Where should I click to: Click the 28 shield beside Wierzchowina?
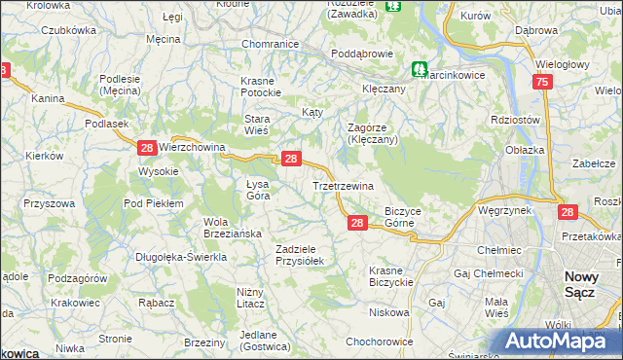point(146,148)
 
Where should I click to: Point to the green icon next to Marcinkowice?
point(419,69)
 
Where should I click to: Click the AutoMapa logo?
point(562,342)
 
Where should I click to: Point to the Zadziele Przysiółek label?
point(305,254)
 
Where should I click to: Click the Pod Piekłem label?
point(153,202)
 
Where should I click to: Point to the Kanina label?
point(47,98)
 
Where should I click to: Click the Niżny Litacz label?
point(257,297)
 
